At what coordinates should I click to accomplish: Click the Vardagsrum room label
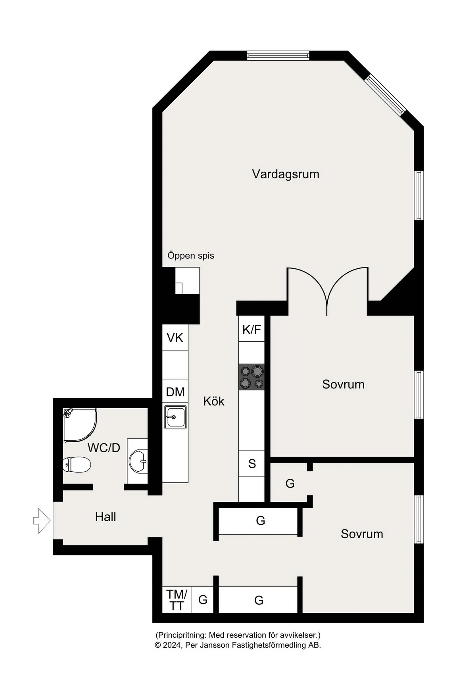click(x=285, y=174)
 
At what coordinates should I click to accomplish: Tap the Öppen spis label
click(x=191, y=256)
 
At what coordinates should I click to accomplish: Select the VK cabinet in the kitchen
click(x=175, y=337)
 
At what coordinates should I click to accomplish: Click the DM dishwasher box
click(x=175, y=391)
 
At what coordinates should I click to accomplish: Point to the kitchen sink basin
click(x=175, y=417)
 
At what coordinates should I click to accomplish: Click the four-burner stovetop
click(x=251, y=377)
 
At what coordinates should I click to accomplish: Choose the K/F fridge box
click(x=251, y=329)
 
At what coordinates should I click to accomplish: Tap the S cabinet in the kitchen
click(x=251, y=463)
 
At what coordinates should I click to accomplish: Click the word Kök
click(x=213, y=402)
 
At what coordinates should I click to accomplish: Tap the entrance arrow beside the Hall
click(x=42, y=521)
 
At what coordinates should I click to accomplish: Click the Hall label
click(x=106, y=517)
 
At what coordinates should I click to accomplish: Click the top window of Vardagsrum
click(x=278, y=55)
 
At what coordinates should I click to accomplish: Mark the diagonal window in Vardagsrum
click(x=386, y=94)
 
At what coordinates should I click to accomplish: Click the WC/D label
click(x=104, y=447)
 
